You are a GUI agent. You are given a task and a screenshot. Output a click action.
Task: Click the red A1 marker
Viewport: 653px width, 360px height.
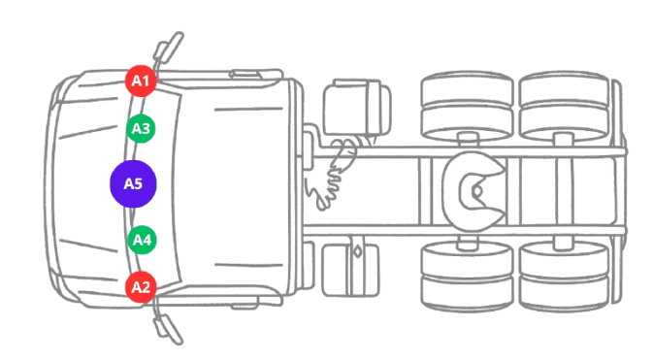pos(142,80)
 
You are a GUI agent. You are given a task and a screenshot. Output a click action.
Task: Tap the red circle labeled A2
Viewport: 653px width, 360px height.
pos(142,286)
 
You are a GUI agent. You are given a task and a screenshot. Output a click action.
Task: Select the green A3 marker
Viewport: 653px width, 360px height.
pos(142,127)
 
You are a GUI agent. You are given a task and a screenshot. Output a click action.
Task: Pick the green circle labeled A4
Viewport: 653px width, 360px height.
pos(142,238)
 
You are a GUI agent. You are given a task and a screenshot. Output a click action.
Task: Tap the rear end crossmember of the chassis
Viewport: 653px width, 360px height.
pos(621,190)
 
